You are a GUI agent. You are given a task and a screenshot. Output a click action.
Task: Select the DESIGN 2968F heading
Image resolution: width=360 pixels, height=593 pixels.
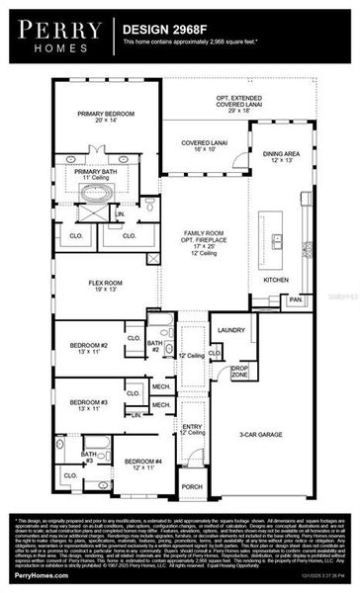point(162,31)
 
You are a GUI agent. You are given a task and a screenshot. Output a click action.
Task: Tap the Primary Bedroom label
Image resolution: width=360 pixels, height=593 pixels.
point(106,117)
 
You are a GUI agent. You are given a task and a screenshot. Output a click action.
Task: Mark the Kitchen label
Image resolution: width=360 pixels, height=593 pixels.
point(277,280)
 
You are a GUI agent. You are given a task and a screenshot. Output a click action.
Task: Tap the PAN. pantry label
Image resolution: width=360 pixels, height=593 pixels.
point(295,298)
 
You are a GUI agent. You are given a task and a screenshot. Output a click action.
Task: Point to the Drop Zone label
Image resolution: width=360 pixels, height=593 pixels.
point(239,373)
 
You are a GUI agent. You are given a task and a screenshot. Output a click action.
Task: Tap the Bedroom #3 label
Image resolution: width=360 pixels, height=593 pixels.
point(89,404)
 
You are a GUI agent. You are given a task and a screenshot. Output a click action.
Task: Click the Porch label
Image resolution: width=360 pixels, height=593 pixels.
point(192,486)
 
